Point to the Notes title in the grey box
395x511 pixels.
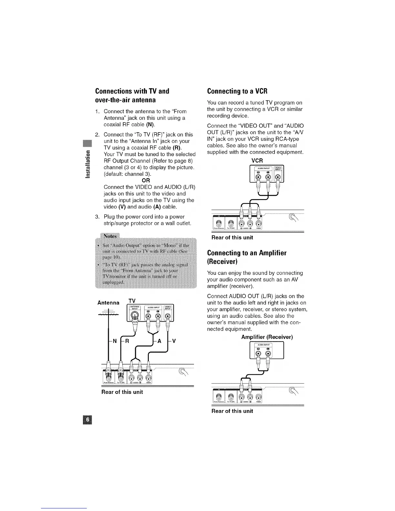110,236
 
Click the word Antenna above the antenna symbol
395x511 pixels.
108,303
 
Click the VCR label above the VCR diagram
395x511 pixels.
257,160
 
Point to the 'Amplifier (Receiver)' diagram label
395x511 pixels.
267,337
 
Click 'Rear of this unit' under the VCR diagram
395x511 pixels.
232,237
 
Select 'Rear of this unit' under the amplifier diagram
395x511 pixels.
232,411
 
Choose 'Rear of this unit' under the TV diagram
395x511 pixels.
122,392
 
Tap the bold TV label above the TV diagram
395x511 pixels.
132,301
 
